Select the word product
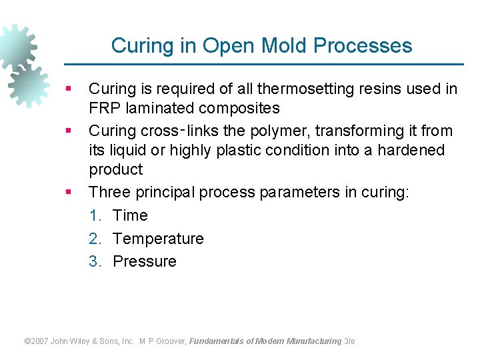tap(115, 169)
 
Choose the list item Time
tap(130, 215)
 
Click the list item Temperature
tap(158, 238)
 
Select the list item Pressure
tap(145, 261)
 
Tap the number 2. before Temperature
tap(95, 238)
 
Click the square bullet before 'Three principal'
tap(68, 193)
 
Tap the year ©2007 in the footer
tap(37, 341)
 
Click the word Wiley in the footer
tap(85, 341)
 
